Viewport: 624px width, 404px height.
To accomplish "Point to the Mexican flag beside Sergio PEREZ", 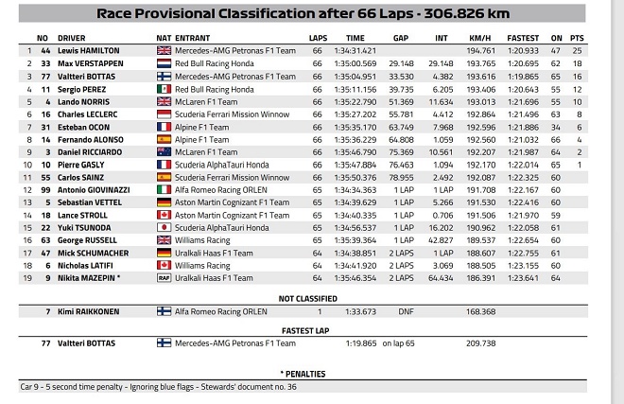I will [x=164, y=88].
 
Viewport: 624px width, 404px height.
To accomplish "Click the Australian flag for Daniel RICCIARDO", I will [x=164, y=151].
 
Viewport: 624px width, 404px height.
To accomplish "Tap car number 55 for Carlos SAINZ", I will [x=43, y=177].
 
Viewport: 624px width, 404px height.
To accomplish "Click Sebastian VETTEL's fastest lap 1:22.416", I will [x=523, y=202].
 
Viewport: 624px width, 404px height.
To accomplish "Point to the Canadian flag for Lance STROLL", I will [x=164, y=215].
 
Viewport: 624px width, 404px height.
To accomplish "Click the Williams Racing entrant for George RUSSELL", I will [x=204, y=240].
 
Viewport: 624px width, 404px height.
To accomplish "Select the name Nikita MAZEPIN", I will [x=87, y=278].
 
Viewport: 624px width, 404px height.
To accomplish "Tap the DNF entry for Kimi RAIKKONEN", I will [x=407, y=310].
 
